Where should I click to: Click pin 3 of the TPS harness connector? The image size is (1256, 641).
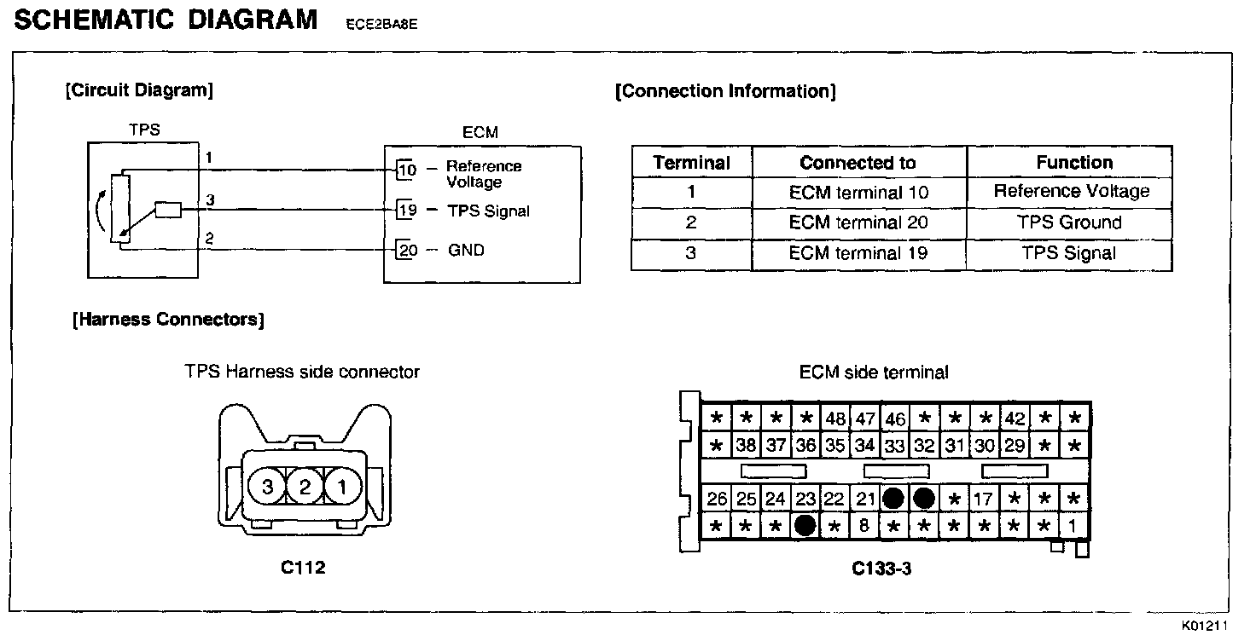pos(267,487)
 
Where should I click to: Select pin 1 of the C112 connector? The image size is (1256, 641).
pos(342,487)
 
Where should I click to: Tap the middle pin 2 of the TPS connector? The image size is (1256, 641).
pos(305,487)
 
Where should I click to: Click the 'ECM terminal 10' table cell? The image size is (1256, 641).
pos(858,193)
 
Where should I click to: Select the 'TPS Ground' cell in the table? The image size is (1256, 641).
pos(1069,222)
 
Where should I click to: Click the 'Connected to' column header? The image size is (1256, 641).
pos(858,162)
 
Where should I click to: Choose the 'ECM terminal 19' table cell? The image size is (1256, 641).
pos(858,253)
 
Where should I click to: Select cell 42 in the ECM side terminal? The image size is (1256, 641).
pos(1015,419)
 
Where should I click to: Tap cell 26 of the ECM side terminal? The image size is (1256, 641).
pos(717,499)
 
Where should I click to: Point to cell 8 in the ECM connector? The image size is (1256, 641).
pos(863,526)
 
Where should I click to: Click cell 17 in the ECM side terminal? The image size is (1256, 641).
pos(984,499)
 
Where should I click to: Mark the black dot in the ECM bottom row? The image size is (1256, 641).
pos(804,526)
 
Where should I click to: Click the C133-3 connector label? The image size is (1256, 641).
pos(881,569)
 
